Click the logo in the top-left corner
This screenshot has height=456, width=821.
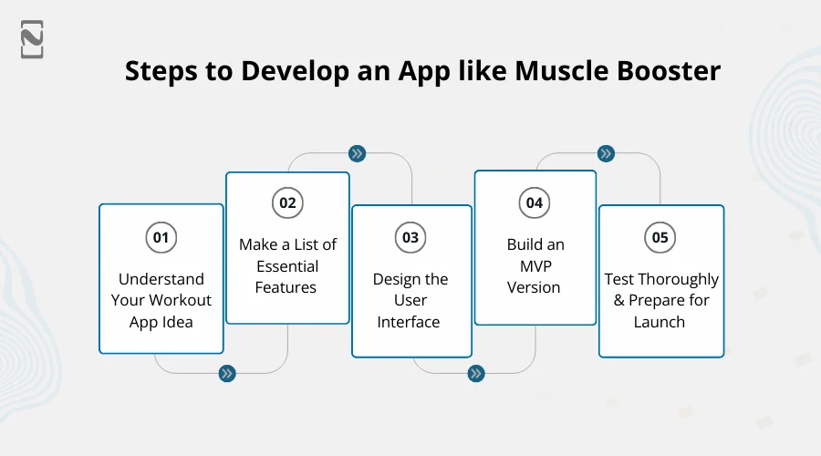(32, 39)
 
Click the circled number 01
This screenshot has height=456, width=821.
(161, 237)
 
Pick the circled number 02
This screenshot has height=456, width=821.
(287, 202)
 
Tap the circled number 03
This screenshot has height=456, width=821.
(410, 237)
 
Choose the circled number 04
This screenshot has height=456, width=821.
(535, 202)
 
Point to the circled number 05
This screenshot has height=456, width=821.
(660, 237)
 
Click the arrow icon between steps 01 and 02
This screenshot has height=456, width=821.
(227, 373)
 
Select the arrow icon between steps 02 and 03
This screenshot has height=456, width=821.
(358, 153)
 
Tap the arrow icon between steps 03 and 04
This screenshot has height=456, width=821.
(475, 373)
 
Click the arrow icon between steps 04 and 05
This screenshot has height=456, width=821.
(605, 153)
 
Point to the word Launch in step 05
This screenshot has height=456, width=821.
(660, 322)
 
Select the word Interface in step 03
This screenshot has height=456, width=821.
(409, 322)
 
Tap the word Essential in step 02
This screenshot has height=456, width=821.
(287, 266)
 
